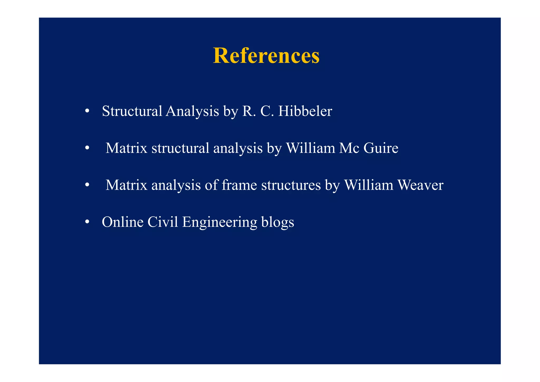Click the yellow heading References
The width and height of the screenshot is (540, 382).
tap(266, 56)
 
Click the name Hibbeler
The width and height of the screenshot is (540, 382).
tap(305, 111)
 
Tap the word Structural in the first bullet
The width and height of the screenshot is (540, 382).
tap(132, 111)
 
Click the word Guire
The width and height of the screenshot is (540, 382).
tap(381, 148)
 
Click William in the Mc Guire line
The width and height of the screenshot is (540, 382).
tap(310, 148)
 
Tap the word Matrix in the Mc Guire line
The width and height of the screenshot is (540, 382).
tap(126, 148)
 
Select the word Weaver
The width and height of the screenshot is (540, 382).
tap(420, 185)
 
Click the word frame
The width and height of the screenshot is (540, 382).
tap(239, 185)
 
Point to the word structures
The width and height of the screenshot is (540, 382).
tap(291, 185)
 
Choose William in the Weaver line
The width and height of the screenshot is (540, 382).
tap(369, 185)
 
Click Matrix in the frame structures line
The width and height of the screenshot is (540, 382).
tap(126, 185)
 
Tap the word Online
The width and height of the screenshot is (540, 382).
tap(123, 222)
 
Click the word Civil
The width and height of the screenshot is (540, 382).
tap(163, 222)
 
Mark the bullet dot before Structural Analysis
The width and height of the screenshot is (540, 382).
tap(87, 111)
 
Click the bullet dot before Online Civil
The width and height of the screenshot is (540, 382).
tap(87, 222)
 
